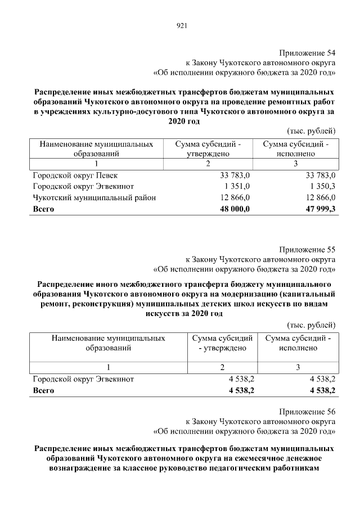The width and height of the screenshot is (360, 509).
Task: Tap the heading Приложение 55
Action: coord(308,249)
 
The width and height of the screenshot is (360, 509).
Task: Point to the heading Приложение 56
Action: coord(308,411)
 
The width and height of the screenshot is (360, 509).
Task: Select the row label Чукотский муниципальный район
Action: coord(94,197)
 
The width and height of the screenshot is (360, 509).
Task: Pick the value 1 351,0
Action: coord(237,187)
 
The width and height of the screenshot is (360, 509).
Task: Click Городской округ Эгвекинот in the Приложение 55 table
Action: coord(83,380)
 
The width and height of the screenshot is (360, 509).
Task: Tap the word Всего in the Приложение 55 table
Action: coord(44,390)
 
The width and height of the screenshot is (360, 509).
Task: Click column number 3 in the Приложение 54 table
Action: coord(295,164)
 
